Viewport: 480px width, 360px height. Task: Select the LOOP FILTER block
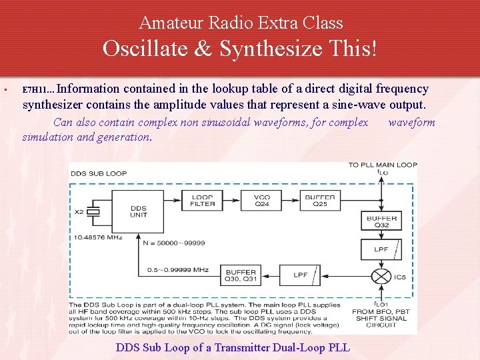(x=203, y=200)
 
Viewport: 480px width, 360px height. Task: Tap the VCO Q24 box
(x=262, y=200)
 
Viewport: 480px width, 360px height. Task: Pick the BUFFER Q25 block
(x=319, y=200)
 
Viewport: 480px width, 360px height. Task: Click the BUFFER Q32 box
(x=381, y=221)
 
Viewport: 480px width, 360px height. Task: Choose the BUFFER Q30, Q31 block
(x=241, y=275)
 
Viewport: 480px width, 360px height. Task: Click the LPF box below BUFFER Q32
(x=381, y=249)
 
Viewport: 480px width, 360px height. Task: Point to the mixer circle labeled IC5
(x=381, y=275)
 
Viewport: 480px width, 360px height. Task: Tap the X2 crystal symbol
(x=96, y=211)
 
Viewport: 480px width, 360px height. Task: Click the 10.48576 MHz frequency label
(x=99, y=237)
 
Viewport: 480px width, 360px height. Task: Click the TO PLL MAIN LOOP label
(x=383, y=165)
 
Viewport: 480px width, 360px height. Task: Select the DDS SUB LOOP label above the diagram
(x=98, y=173)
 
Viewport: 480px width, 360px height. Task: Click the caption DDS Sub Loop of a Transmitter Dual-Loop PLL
(x=233, y=347)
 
